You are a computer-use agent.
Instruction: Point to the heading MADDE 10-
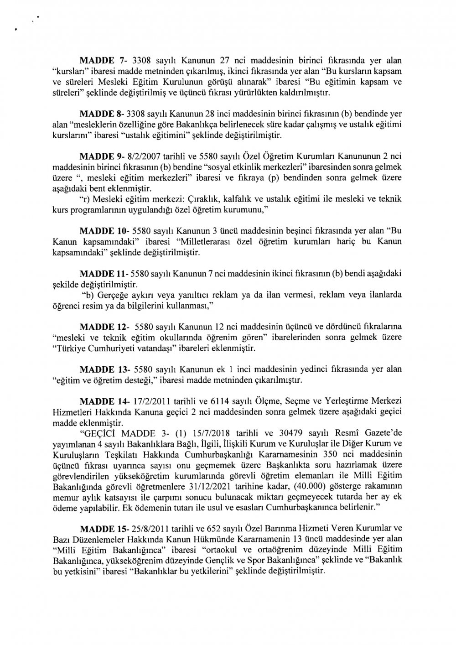click(x=105, y=232)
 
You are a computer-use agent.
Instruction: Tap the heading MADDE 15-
click(x=105, y=530)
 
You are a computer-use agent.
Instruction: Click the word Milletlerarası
click(x=207, y=242)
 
